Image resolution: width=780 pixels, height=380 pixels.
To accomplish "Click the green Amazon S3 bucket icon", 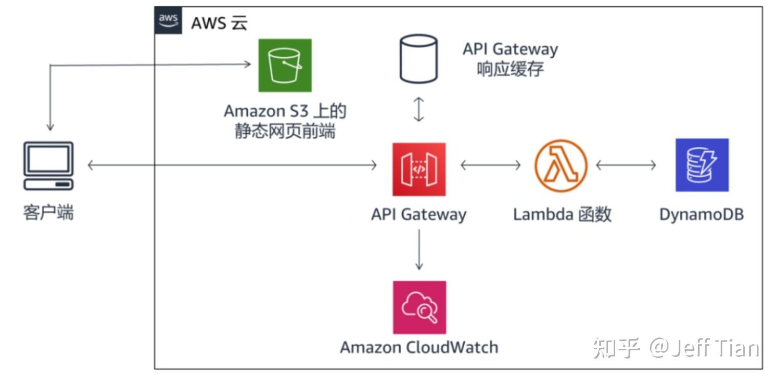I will [x=285, y=65].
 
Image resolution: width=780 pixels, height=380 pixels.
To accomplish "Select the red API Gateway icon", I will [x=419, y=169].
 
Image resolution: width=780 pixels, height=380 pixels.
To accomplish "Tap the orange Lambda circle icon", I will [x=561, y=165].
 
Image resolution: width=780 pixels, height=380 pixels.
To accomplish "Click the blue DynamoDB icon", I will [x=702, y=165].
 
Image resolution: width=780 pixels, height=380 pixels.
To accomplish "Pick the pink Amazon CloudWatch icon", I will [x=419, y=307].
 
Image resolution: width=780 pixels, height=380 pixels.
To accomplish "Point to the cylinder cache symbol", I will [x=418, y=59].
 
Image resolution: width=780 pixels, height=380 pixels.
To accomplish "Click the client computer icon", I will [x=49, y=165].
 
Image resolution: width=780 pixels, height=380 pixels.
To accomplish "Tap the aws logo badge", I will [x=168, y=20].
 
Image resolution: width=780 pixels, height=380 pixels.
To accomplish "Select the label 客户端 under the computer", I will [x=49, y=212].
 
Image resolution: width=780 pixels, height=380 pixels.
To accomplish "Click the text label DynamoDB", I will [x=701, y=214].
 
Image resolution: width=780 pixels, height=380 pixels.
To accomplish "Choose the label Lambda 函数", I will [x=562, y=214].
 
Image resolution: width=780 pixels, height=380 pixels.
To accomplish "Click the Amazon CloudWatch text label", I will [x=419, y=347].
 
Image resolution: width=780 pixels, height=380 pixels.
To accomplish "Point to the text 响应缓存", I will [x=510, y=69].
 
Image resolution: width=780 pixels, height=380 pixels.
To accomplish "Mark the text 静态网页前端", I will [x=285, y=131].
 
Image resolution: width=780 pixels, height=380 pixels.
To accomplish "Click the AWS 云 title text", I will [x=219, y=23].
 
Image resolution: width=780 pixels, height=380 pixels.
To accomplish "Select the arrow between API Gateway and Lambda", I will [x=490, y=165].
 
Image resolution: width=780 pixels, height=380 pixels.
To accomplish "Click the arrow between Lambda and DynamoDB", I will [x=626, y=165].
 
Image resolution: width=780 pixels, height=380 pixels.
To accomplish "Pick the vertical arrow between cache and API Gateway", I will [x=419, y=110].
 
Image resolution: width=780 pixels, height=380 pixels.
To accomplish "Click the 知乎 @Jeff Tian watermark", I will [x=676, y=348].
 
